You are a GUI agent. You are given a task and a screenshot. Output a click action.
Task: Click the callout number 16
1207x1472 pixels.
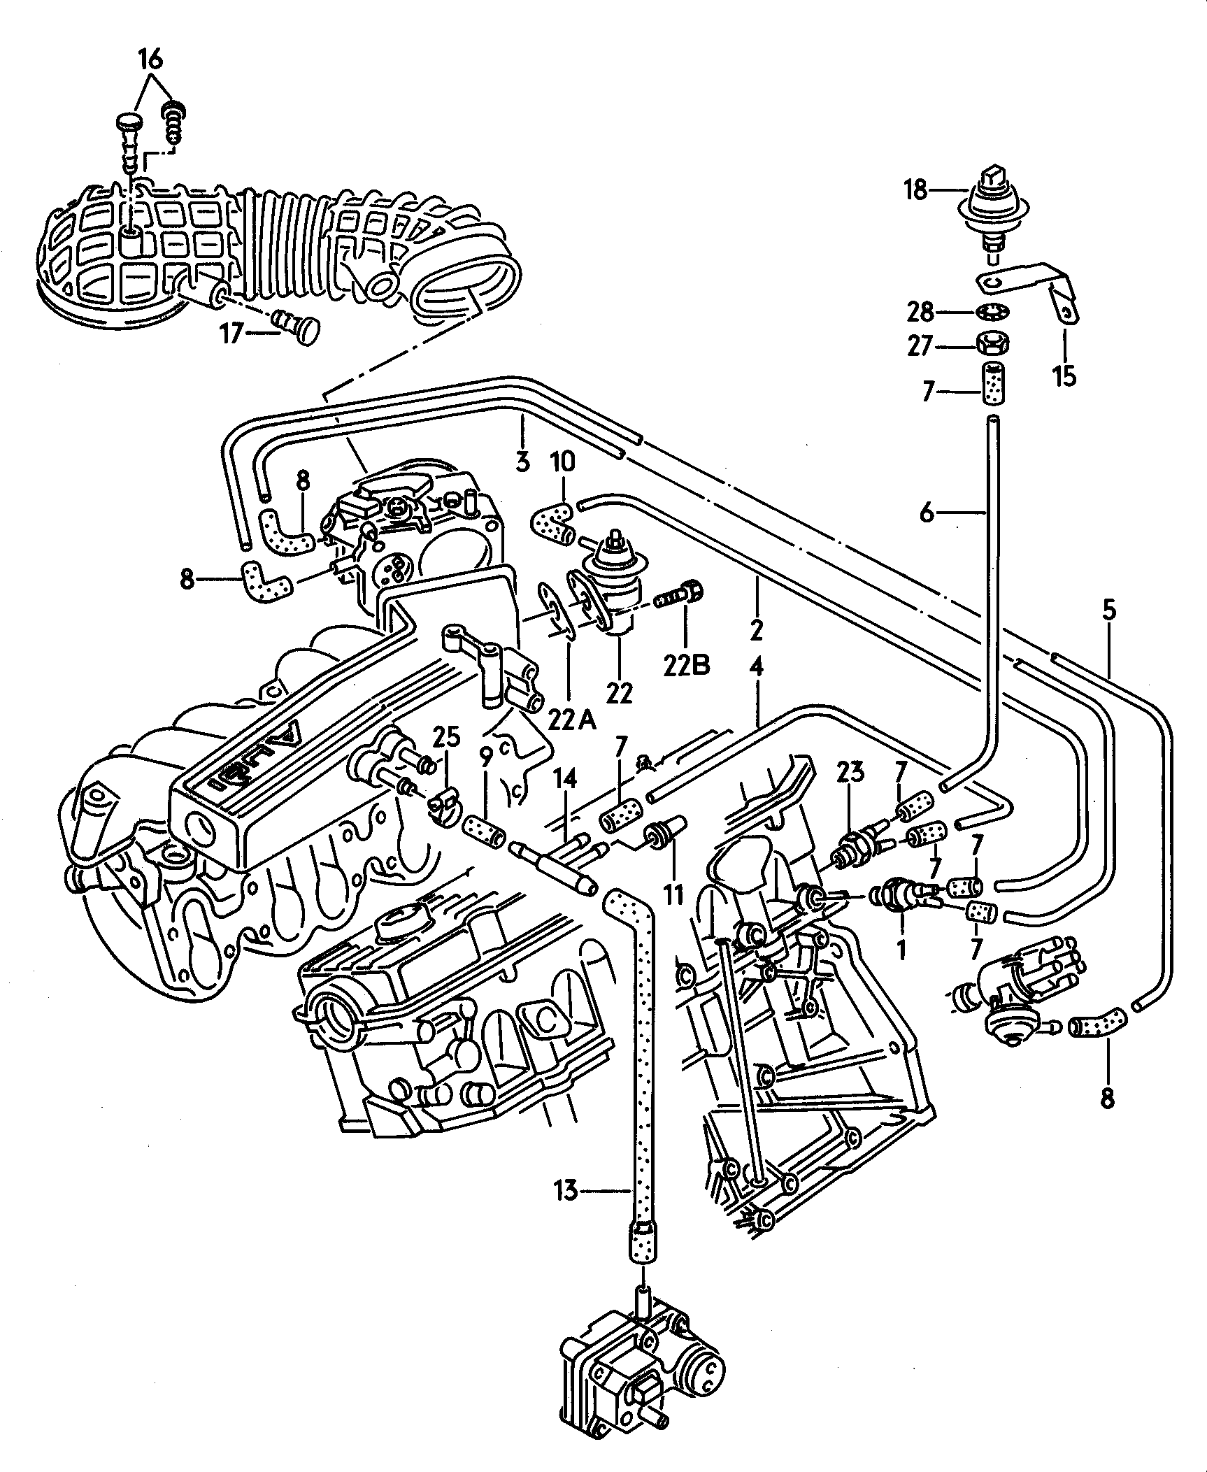pyautogui.click(x=150, y=60)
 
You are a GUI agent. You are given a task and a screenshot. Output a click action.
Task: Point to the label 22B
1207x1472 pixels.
pyautogui.click(x=686, y=664)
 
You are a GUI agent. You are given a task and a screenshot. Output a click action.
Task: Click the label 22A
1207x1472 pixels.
pyautogui.click(x=571, y=719)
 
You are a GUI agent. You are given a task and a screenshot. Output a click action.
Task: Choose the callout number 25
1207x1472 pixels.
pyautogui.click(x=446, y=736)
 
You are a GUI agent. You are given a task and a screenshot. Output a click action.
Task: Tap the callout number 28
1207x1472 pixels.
pyautogui.click(x=920, y=313)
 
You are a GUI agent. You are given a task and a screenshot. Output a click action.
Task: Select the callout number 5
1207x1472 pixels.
pyautogui.click(x=1109, y=610)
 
